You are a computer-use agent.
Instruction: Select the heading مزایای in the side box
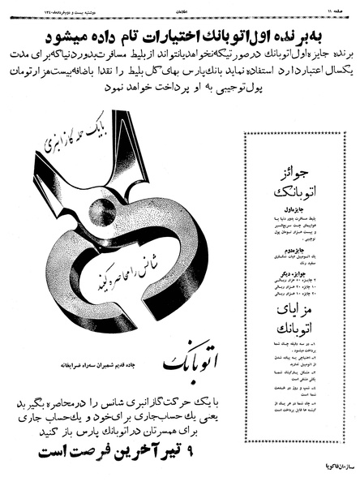pos(305,312)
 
